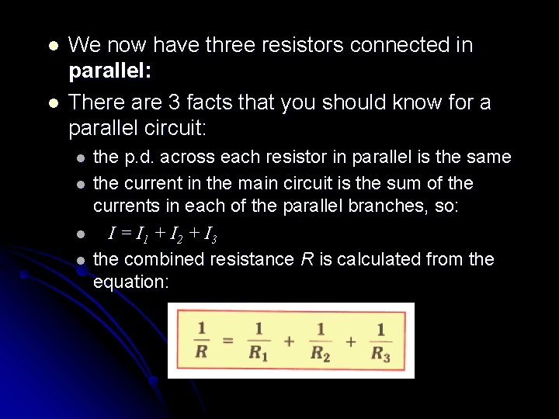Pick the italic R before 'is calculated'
click(x=307, y=259)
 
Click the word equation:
click(x=130, y=282)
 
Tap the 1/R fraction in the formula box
click(x=202, y=341)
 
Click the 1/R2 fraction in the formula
click(x=320, y=341)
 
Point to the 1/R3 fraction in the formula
click(x=380, y=341)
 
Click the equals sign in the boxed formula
click(x=228, y=341)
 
